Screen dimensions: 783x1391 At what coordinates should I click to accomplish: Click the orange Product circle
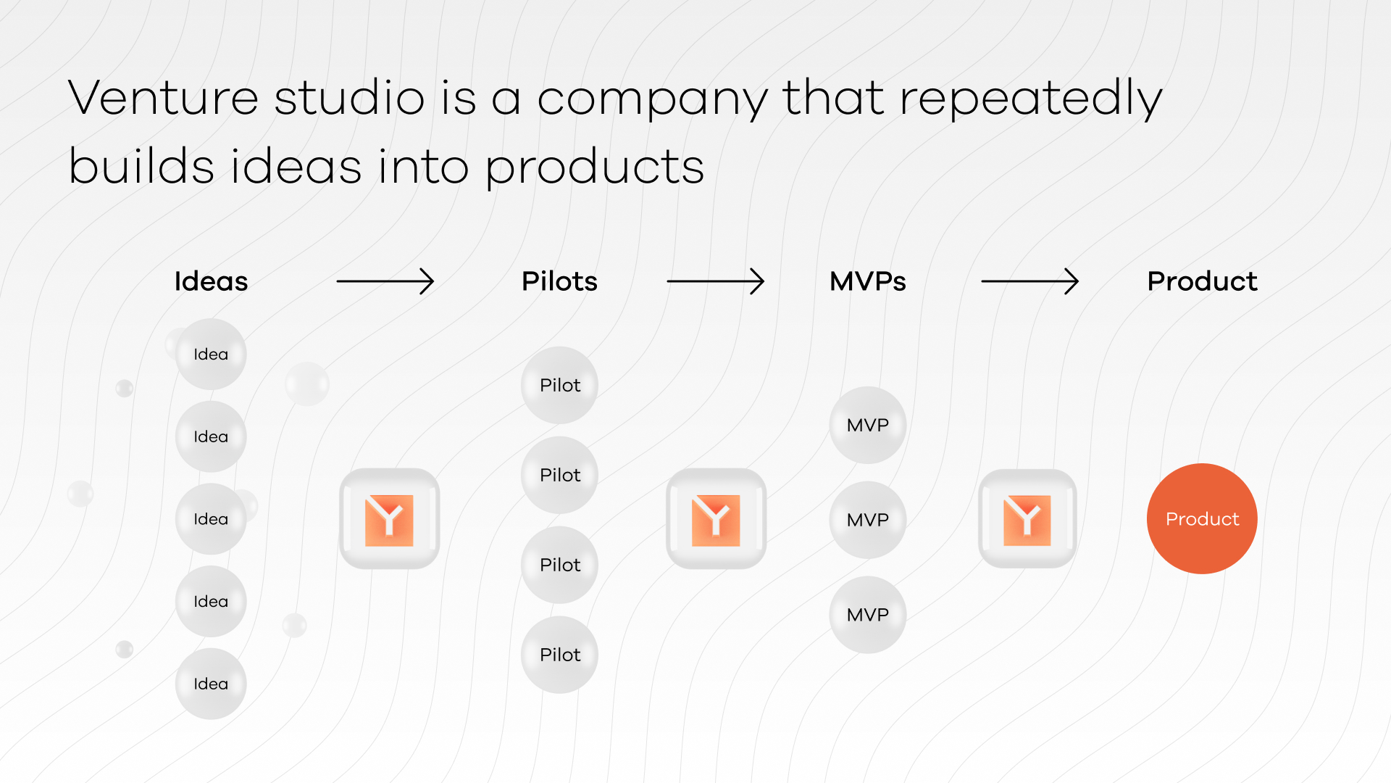point(1202,519)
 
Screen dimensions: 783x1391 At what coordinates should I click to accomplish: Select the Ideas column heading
point(211,281)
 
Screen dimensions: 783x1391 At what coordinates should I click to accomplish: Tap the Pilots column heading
point(559,281)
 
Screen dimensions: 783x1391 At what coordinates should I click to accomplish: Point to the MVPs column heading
point(867,281)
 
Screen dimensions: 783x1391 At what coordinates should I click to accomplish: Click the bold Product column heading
point(1202,281)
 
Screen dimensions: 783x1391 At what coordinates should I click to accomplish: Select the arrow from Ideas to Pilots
point(385,281)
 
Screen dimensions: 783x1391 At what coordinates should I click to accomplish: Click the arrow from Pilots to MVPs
point(715,281)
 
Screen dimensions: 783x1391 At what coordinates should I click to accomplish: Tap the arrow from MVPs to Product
point(1029,281)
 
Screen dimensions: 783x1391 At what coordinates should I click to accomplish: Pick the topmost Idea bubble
point(211,355)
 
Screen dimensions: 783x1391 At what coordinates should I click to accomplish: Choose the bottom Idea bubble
point(211,684)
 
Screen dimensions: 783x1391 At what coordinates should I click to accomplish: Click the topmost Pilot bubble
point(559,385)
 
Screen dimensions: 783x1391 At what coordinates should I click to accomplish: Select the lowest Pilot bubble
point(559,655)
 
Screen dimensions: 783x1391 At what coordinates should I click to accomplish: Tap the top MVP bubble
point(867,425)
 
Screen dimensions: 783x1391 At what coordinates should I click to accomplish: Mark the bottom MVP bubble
point(867,615)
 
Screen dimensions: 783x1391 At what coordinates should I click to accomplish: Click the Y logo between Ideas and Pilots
point(390,519)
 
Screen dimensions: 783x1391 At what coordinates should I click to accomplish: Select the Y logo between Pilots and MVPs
point(716,519)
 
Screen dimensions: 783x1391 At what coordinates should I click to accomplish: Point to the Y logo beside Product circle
point(1027,519)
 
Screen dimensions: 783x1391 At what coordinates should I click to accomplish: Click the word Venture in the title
point(163,98)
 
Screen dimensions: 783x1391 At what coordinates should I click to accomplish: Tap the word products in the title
point(594,167)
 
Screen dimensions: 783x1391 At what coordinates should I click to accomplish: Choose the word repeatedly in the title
point(1030,98)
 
